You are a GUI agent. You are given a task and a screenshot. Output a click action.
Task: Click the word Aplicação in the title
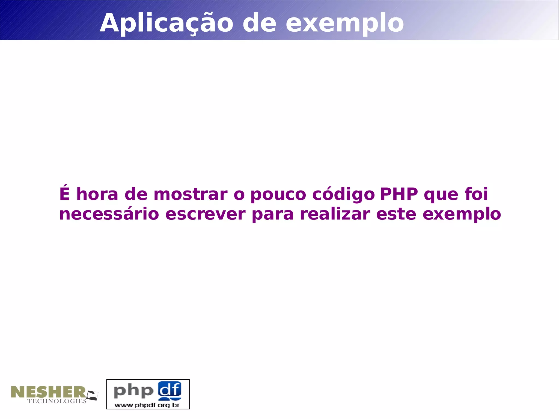point(166,23)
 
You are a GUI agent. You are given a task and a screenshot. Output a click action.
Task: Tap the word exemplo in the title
point(344,23)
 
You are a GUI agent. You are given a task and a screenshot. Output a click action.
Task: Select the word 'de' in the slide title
point(259,23)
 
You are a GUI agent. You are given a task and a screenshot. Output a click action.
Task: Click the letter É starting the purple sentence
point(64,194)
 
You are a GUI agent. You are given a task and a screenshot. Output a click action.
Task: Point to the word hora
point(97,194)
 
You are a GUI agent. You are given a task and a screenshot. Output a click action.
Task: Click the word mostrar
point(190,194)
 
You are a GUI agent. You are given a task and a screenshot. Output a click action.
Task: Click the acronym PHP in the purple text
point(399,194)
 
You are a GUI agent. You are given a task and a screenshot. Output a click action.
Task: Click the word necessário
point(109,214)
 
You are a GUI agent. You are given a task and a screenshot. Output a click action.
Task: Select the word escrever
point(205,214)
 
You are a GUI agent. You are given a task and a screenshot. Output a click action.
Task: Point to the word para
point(273,215)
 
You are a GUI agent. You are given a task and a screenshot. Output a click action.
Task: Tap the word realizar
point(335,214)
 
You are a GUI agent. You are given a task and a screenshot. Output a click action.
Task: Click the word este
point(396,214)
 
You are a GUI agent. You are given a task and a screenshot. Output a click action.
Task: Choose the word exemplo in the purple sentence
point(462,215)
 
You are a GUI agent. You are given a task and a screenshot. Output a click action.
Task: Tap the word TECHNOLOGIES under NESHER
point(57,401)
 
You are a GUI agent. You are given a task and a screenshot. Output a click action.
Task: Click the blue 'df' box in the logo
point(170,390)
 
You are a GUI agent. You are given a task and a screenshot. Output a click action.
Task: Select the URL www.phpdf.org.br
point(147,405)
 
